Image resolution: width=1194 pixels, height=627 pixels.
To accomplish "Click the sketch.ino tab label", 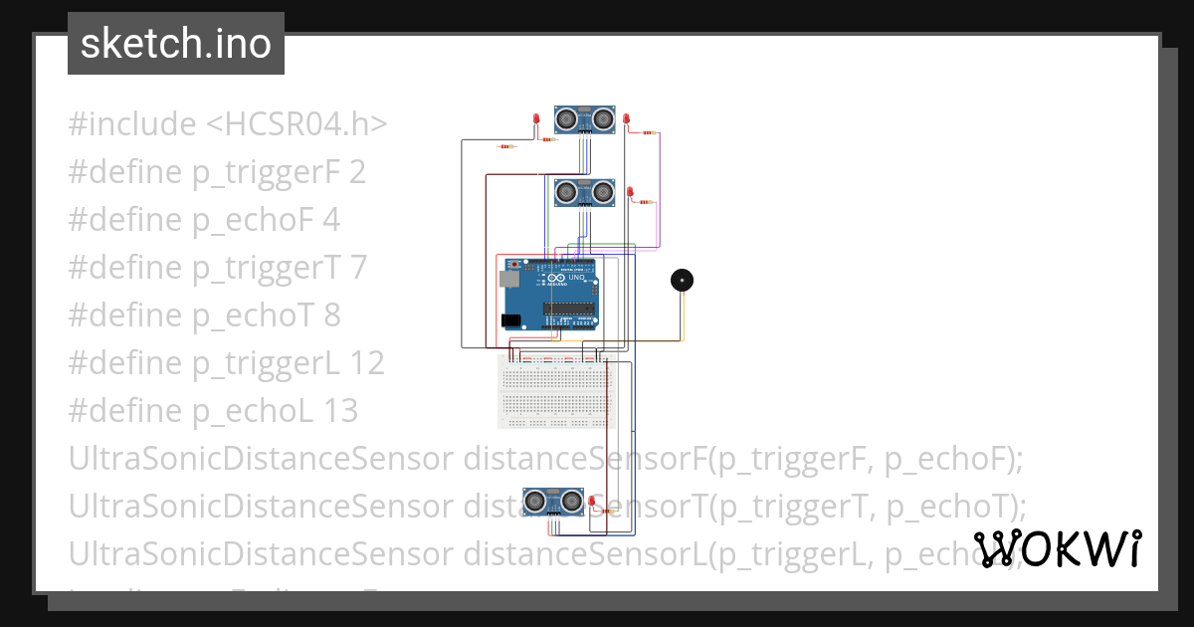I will [175, 44].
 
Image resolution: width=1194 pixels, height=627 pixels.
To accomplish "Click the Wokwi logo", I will [1057, 548].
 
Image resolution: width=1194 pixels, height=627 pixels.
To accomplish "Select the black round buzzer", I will [682, 280].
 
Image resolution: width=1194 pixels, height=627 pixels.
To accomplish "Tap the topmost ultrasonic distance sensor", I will [584, 119].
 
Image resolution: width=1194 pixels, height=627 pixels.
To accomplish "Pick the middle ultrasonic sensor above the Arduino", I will [584, 191].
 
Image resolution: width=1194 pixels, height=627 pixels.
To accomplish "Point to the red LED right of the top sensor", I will [626, 120].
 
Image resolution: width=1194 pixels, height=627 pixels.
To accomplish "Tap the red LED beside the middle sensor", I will [631, 192].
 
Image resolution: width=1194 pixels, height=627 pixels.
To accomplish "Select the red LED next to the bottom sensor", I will [591, 501].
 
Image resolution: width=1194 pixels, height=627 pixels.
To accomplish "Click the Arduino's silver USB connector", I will [507, 281].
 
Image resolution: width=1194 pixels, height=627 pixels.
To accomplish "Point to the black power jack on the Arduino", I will [510, 320].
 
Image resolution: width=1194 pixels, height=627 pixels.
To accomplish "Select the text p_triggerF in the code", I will [267, 172].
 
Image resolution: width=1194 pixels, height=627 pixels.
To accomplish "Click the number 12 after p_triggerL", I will [367, 363].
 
